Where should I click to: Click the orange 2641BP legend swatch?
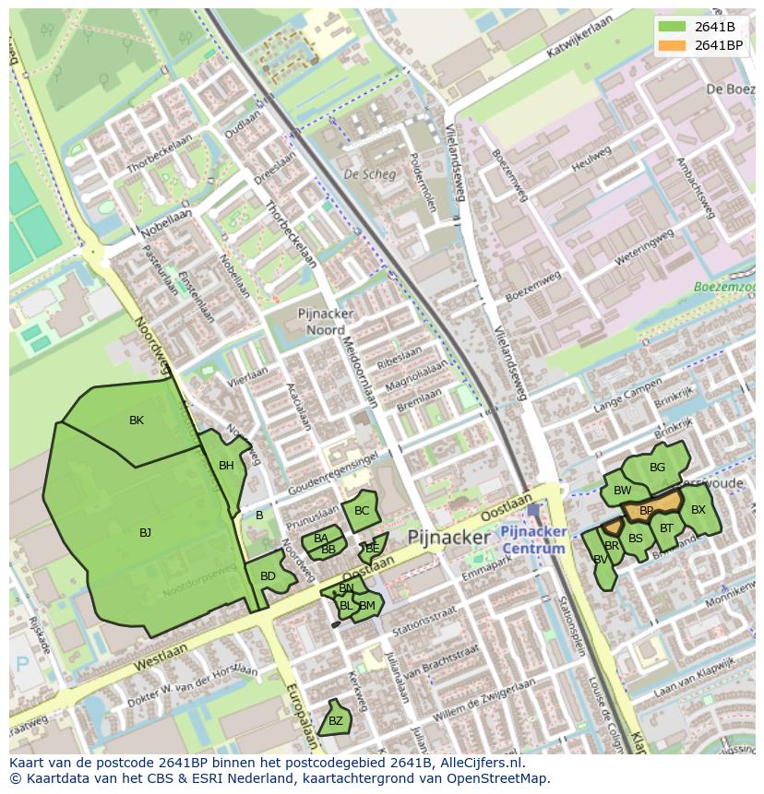point(673,45)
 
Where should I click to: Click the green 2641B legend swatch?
point(673,27)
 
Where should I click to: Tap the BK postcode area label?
point(137,421)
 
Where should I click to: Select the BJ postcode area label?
point(145,533)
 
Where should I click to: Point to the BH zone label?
point(226,466)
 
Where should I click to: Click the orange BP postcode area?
point(647,510)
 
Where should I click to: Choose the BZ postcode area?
point(335,720)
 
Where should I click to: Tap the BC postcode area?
point(362,511)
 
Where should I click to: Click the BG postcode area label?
point(657,467)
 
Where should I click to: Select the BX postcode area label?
point(698,510)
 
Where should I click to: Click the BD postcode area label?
point(268,576)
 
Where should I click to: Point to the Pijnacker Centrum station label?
point(532,540)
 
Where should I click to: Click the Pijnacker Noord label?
point(321,322)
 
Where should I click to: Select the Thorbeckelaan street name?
point(291,235)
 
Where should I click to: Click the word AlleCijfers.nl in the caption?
point(479,763)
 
